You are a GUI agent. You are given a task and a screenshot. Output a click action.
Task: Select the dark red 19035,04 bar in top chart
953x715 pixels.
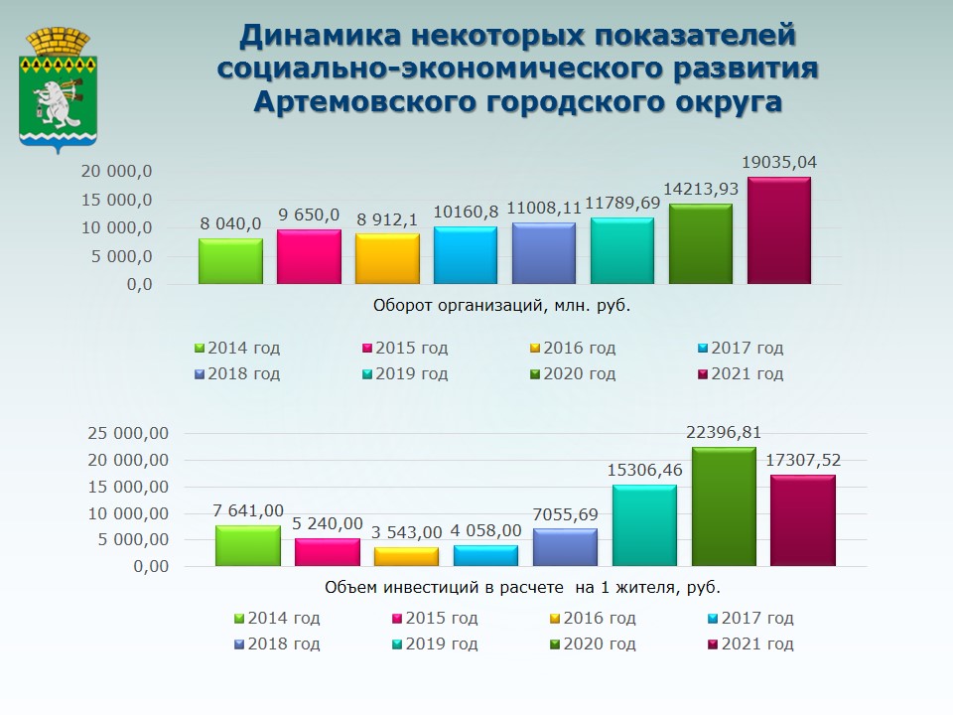(778, 231)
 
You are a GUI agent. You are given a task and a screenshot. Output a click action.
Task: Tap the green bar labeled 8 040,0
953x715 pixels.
(230, 261)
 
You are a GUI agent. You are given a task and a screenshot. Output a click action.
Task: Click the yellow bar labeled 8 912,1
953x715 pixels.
(387, 259)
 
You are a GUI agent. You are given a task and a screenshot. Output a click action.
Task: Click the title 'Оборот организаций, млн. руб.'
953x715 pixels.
(501, 306)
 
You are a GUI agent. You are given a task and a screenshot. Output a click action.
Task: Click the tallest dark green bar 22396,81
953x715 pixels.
(724, 506)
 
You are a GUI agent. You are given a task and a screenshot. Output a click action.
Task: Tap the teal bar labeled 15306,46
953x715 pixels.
(644, 525)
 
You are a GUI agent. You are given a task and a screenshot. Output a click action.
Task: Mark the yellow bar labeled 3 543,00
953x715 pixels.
(406, 556)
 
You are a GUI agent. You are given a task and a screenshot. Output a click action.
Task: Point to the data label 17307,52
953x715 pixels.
(803, 461)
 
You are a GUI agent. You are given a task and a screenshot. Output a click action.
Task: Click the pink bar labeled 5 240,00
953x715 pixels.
(327, 552)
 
